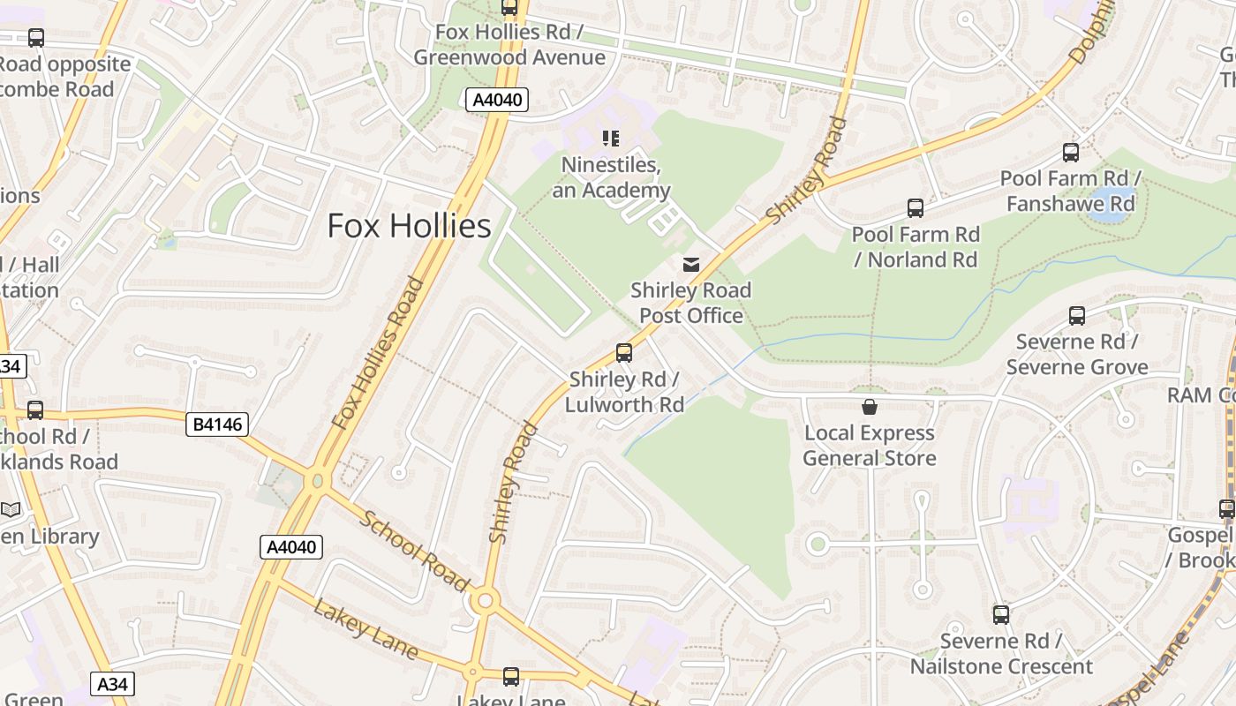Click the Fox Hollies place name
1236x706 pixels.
pos(409,226)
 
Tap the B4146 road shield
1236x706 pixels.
pos(218,425)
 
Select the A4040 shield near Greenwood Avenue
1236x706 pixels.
pos(497,100)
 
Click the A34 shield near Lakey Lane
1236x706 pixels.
pos(112,683)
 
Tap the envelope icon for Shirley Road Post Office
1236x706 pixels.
pos(691,264)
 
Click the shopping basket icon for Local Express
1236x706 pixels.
pos(870,407)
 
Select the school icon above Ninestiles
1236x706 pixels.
pos(610,139)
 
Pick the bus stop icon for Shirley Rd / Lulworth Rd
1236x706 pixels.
pos(624,353)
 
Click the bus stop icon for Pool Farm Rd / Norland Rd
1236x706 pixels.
pos(916,209)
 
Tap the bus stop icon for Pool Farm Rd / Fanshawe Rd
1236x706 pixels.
pos(1071,153)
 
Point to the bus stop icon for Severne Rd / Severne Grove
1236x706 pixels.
pos(1077,316)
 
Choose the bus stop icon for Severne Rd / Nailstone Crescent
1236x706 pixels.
pos(1001,615)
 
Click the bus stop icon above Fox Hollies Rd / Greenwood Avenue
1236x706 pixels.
pos(509,8)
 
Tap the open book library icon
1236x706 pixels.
pos(11,510)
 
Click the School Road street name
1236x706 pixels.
pos(413,551)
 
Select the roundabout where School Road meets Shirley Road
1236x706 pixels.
pos(484,602)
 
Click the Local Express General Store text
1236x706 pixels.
pos(870,446)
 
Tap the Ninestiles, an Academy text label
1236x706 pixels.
pos(612,177)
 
